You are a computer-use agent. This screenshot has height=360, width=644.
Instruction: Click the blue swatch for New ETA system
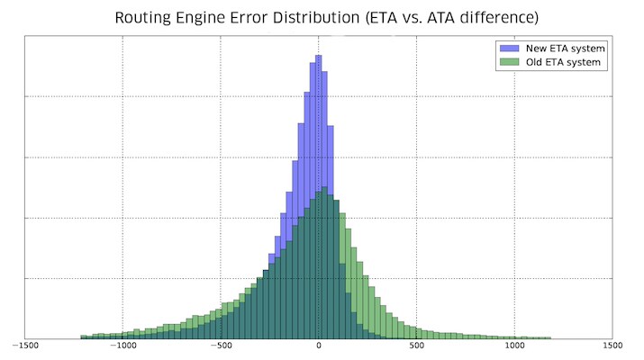point(507,48)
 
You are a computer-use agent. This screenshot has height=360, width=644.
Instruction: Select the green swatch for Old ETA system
point(507,62)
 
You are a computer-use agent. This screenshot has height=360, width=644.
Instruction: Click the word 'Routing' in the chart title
point(146,18)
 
